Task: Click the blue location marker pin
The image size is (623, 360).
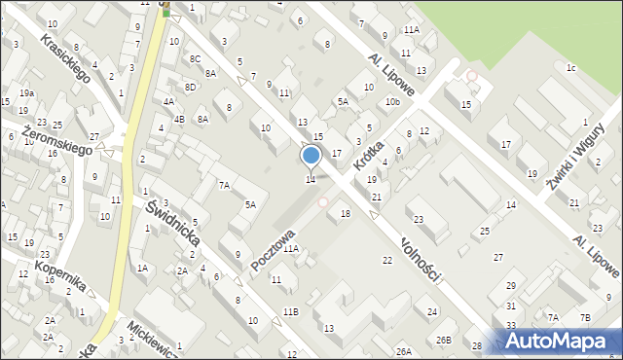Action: coord(311,156)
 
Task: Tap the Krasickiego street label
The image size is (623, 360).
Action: coord(67,58)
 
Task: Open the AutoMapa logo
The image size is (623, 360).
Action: coord(559,340)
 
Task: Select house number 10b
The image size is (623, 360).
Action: coord(392,101)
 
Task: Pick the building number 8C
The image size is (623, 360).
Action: coord(196,59)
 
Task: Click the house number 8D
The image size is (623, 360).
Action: coord(191,88)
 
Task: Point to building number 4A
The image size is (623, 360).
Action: coord(168,101)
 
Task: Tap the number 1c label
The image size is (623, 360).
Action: coord(571,67)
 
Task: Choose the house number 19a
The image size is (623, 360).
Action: coord(27,93)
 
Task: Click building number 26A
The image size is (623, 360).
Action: coord(404,350)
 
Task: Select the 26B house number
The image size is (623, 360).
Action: coord(444,340)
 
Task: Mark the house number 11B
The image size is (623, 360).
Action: coord(290,311)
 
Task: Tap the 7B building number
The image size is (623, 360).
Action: coord(585,317)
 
